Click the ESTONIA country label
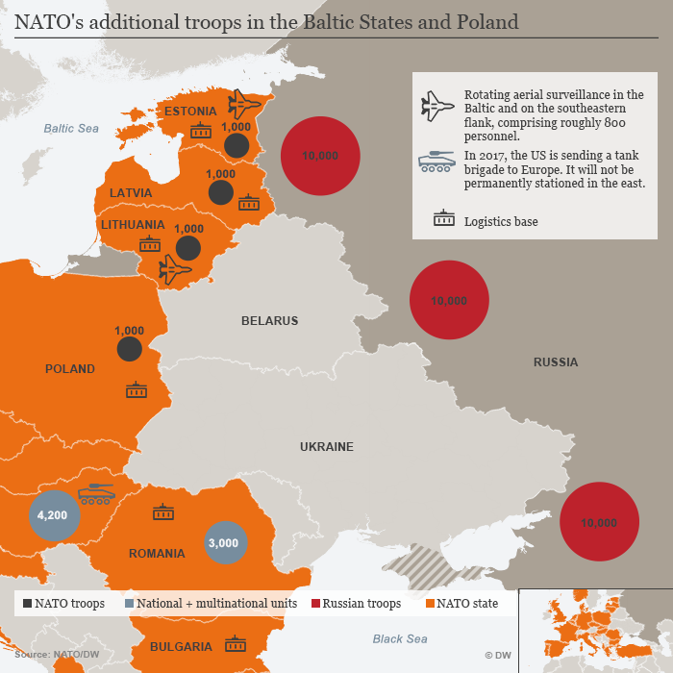click(x=190, y=112)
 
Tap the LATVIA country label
click(x=131, y=192)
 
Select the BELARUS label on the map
click(x=269, y=321)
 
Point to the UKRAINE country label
click(x=327, y=447)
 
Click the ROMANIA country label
click(x=157, y=554)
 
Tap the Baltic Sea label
click(x=71, y=128)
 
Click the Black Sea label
click(x=400, y=639)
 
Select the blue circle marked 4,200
click(x=52, y=515)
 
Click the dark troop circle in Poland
click(x=130, y=349)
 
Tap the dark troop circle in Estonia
click(x=237, y=145)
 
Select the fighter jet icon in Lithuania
click(x=175, y=270)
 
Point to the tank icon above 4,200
click(x=96, y=494)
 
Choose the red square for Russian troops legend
click(x=314, y=604)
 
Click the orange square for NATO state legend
click(x=430, y=604)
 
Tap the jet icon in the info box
click(x=437, y=106)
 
